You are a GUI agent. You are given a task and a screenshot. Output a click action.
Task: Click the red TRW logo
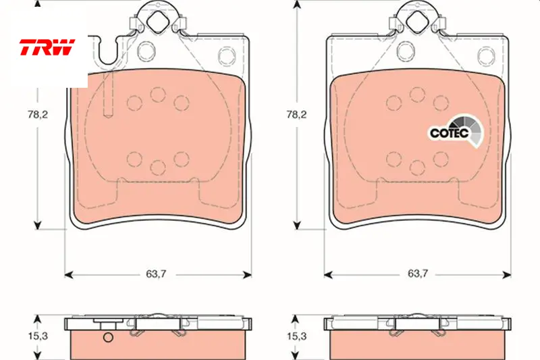47,47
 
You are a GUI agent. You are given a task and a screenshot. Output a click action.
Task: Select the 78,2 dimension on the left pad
38,114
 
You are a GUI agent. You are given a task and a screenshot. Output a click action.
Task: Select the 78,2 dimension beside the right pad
296,114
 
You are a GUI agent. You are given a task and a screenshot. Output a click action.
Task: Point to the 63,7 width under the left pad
156,274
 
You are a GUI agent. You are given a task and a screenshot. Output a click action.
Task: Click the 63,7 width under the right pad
418,274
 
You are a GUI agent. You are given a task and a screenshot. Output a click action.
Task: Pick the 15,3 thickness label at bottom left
38,336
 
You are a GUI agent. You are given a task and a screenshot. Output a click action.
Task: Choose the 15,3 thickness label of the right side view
296,336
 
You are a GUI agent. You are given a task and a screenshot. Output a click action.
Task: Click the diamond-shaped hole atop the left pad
158,22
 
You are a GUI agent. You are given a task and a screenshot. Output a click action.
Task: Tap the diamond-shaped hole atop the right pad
416,22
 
